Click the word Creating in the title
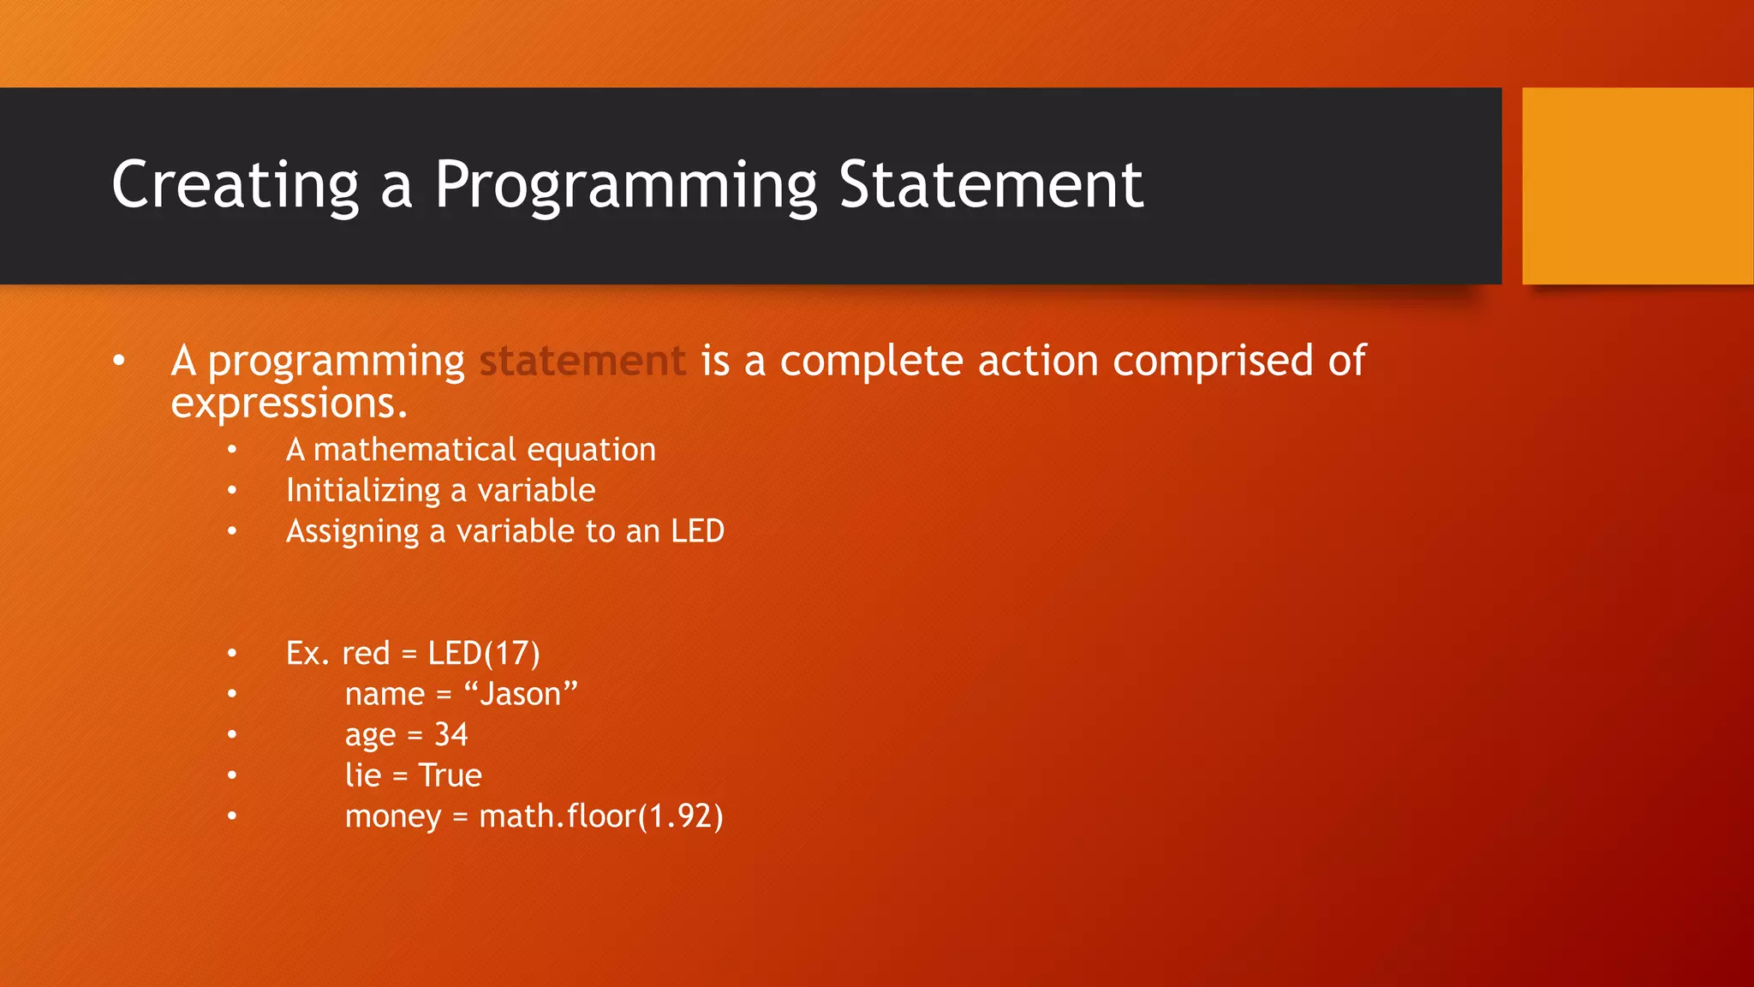tap(235, 185)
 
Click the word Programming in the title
tap(626, 185)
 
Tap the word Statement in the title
tap(990, 185)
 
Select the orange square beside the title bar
tap(1637, 186)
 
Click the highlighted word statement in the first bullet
tap(582, 361)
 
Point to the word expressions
tap(289, 404)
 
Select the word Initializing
tap(363, 491)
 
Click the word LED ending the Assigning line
tap(697, 531)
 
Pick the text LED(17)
tap(484, 654)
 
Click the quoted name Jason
tap(520, 694)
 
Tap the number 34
tap(450, 735)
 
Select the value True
tap(450, 775)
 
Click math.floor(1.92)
tap(600, 817)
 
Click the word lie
tap(362, 775)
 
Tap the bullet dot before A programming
tap(119, 361)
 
